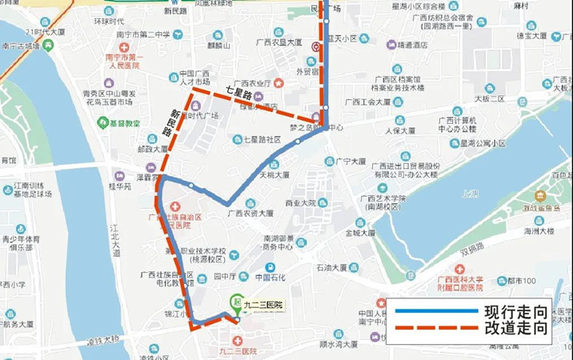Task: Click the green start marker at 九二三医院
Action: [x=235, y=302]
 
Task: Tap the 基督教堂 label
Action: [x=124, y=123]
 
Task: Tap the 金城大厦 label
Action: [x=360, y=234]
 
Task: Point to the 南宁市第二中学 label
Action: [x=143, y=34]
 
